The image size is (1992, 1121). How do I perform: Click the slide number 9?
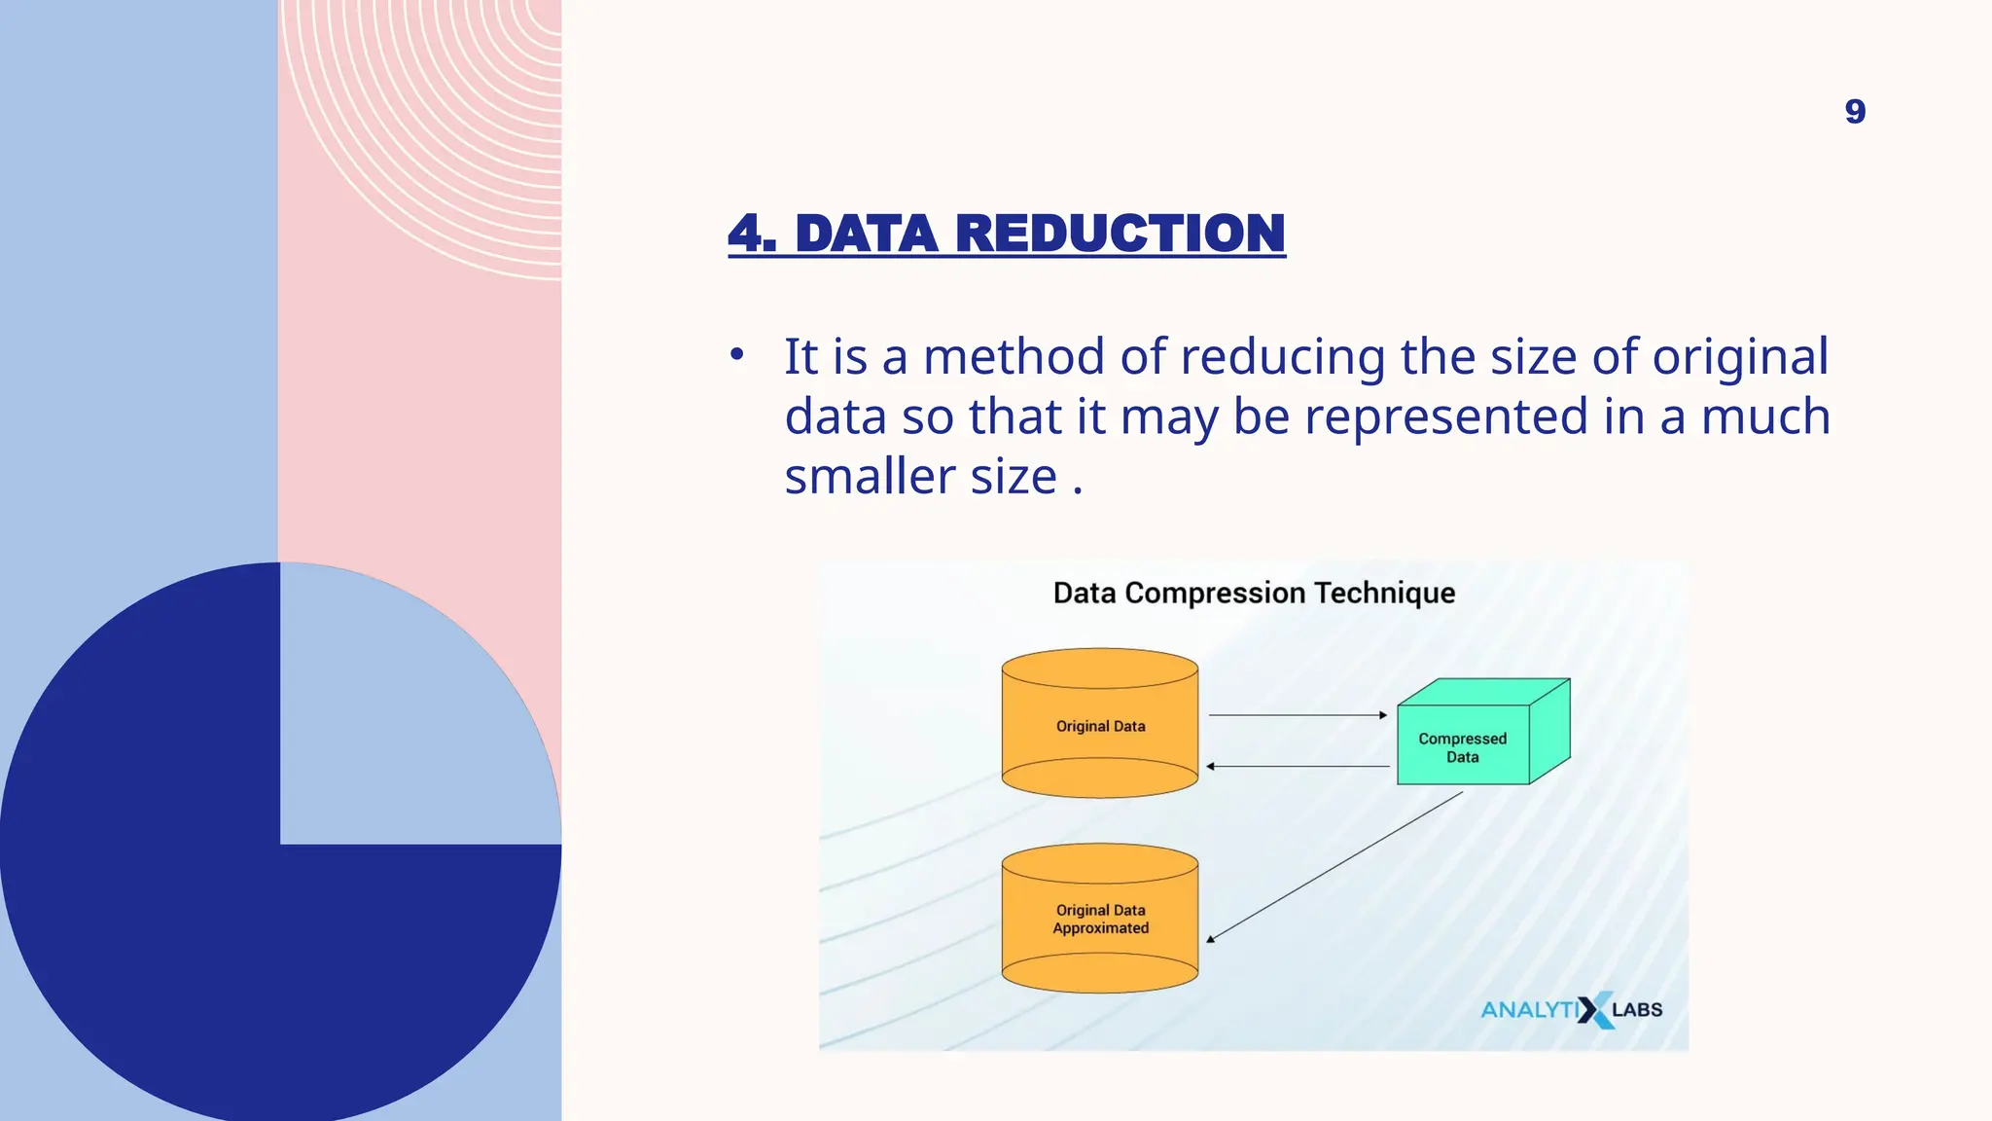coord(1855,112)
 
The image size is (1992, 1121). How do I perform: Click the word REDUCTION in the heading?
coord(1120,234)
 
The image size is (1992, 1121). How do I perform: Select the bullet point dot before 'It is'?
coord(737,354)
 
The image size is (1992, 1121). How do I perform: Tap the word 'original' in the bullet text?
coord(1740,356)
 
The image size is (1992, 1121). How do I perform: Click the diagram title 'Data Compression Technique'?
coord(1254,593)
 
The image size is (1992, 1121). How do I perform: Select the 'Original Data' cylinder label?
coord(1100,726)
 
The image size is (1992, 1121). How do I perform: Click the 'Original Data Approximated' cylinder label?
coord(1100,919)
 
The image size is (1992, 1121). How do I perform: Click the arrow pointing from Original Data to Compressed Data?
coord(1297,715)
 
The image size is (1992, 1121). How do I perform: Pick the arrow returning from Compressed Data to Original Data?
coord(1297,767)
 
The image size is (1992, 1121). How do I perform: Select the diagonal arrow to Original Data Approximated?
coord(1334,866)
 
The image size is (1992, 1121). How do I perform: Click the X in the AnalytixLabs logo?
coord(1594,1010)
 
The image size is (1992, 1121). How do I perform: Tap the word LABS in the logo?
coord(1637,1010)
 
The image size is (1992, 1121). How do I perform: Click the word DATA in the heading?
coord(866,234)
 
